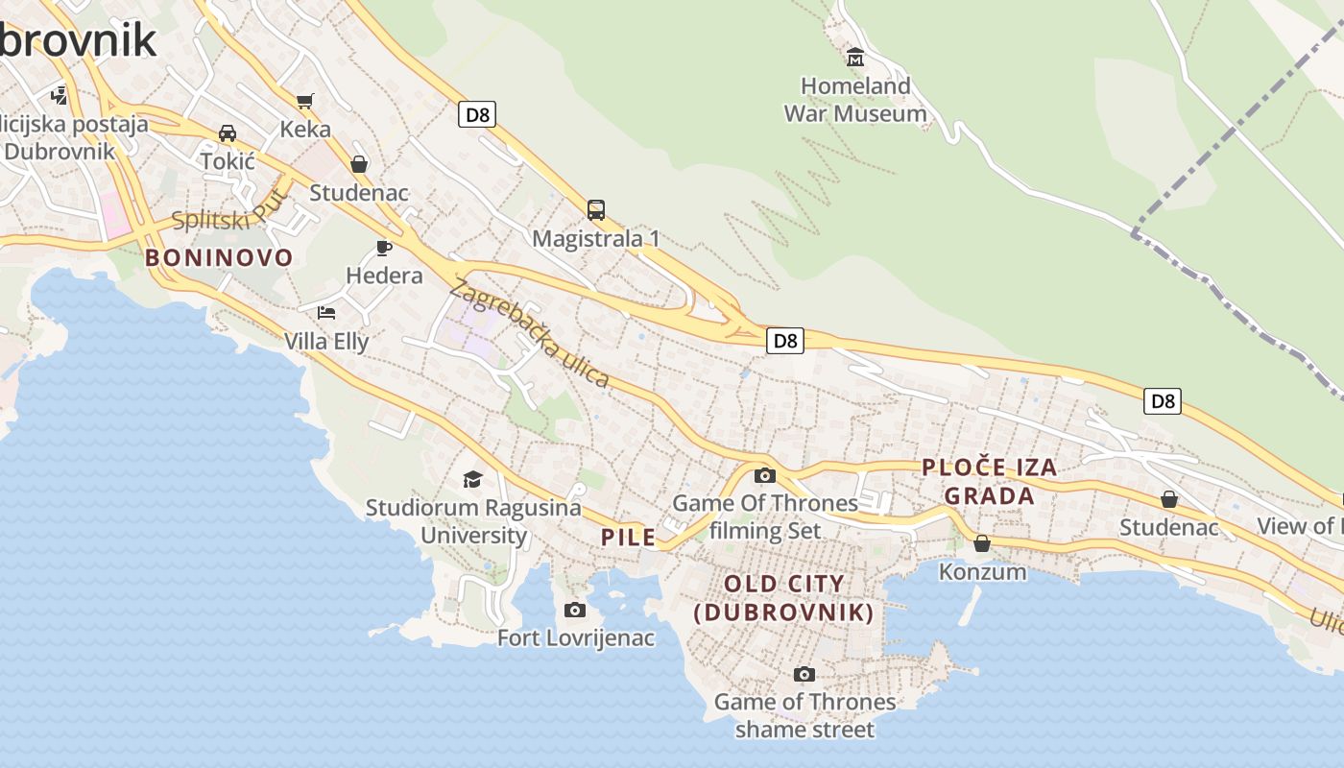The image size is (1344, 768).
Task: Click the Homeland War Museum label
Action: pos(855,100)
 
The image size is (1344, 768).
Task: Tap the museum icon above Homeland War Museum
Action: pos(855,58)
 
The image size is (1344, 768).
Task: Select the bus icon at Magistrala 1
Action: pos(596,210)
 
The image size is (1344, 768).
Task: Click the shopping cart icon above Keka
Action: pos(305,101)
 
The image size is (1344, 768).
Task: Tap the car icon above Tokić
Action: pos(228,133)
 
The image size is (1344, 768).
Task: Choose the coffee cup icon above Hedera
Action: pos(384,249)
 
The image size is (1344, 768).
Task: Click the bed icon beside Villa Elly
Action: pos(326,313)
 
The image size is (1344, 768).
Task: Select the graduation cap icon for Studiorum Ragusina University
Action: pos(472,479)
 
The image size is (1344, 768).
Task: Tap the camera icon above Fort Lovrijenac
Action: pos(575,610)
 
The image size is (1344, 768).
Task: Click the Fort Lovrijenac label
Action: pos(576,637)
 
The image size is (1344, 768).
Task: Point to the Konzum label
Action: pos(982,572)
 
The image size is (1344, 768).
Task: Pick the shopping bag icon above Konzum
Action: pos(982,544)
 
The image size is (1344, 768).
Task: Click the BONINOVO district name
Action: pos(219,257)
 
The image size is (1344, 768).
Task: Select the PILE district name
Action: pos(629,538)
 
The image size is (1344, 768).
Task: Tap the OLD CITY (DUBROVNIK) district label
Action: pos(784,598)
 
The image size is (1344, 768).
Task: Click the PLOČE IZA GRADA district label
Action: pos(990,482)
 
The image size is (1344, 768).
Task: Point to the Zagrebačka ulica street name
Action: pos(529,333)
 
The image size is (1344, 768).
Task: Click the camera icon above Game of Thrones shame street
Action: pos(804,675)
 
